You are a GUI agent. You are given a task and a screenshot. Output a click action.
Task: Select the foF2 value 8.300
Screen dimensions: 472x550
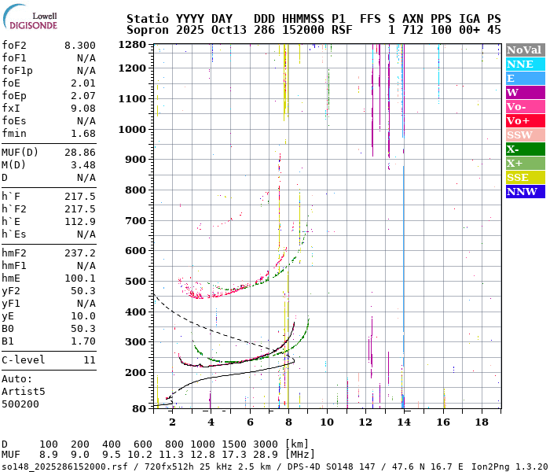79,46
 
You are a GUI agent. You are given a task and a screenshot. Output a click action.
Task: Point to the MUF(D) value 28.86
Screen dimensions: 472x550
79,152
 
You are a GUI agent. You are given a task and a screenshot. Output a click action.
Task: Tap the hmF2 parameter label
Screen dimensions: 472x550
16,253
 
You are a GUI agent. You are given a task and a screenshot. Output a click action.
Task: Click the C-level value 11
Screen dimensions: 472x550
89,360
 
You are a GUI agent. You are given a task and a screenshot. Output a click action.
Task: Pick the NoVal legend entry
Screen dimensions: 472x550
525,50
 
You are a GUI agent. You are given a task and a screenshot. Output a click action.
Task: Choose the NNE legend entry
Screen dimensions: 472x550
520,64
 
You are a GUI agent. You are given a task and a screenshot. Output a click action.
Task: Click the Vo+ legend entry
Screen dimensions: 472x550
518,120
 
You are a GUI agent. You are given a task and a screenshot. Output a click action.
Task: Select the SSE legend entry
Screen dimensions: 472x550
518,177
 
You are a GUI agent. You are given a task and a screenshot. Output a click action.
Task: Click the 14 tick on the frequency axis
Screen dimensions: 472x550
404,422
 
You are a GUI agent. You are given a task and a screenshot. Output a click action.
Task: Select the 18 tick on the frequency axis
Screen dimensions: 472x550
482,422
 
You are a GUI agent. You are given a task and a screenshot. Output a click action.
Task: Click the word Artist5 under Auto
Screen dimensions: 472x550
24,391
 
